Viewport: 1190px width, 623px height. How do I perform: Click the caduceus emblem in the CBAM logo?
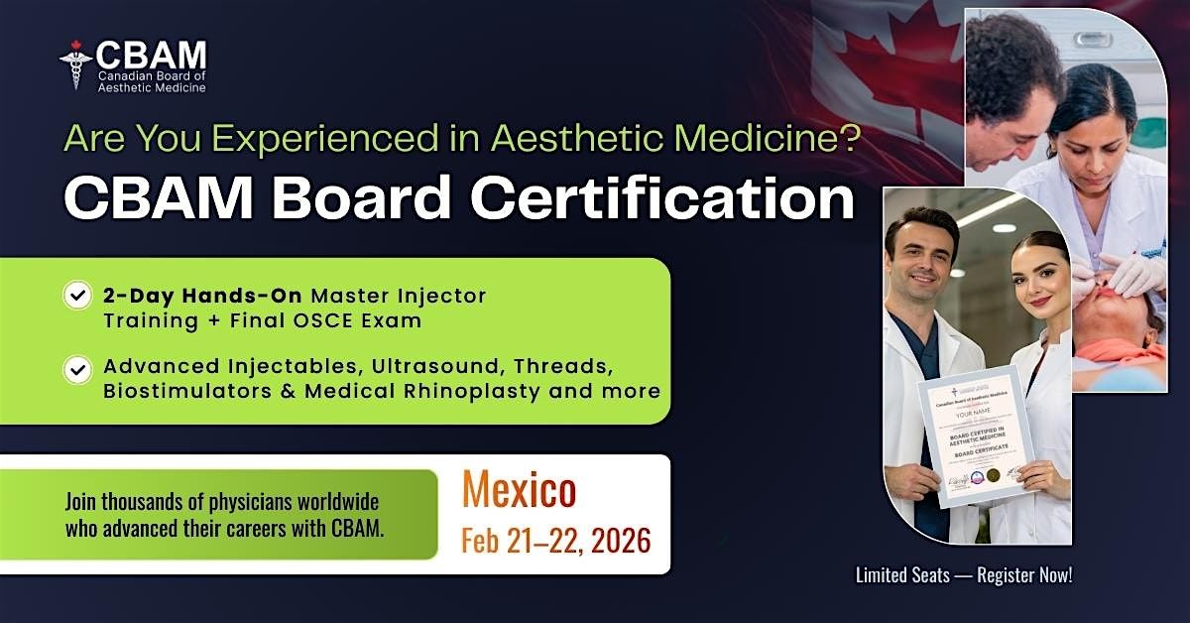pos(75,64)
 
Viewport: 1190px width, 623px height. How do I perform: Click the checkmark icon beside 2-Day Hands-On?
pos(77,296)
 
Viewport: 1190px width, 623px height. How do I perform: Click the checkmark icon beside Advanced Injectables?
pos(77,370)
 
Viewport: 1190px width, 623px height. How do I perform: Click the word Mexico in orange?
pos(518,491)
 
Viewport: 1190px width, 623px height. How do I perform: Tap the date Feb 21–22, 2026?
pos(555,541)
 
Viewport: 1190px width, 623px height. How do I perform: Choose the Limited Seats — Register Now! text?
pos(963,574)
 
